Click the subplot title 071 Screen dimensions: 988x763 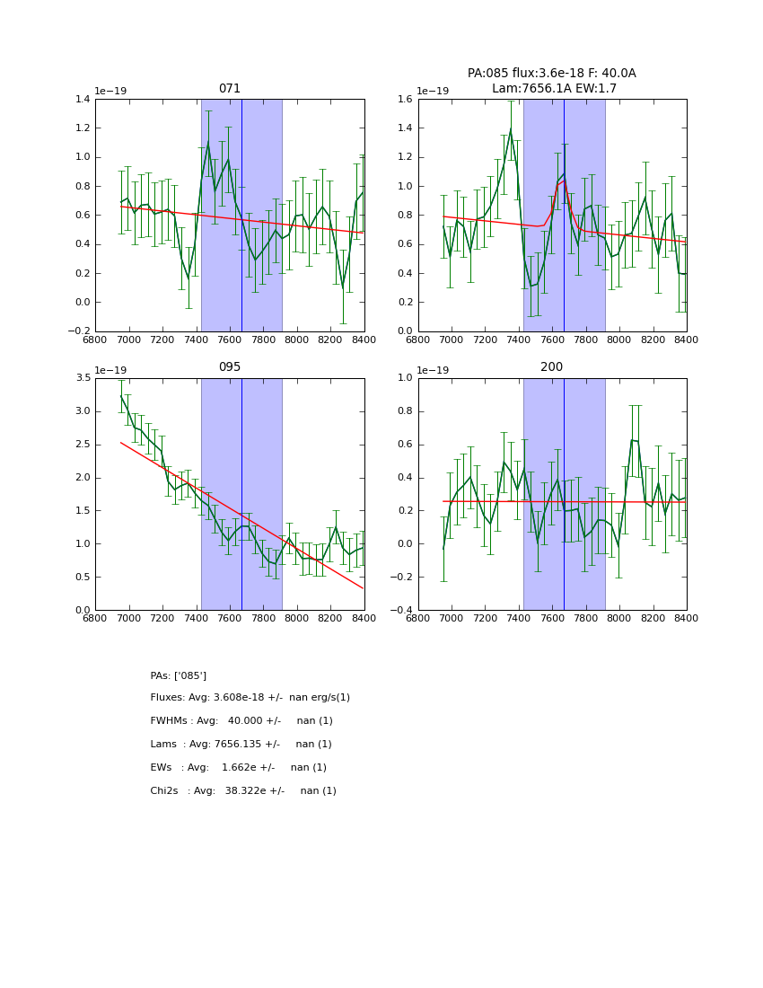click(x=230, y=89)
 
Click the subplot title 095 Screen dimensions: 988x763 click(x=230, y=367)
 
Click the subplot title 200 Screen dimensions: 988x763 click(x=552, y=367)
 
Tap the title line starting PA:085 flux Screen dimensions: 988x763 click(x=551, y=74)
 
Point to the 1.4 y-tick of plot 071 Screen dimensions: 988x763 click(x=83, y=100)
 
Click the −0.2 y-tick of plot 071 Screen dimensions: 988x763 click(x=79, y=331)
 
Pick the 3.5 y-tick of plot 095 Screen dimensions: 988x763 click(x=83, y=378)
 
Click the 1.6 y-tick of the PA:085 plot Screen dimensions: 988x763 click(x=405, y=100)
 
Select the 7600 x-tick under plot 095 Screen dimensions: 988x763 click(x=230, y=619)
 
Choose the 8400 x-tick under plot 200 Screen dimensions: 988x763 click(x=687, y=619)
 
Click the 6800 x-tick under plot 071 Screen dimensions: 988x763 click(x=96, y=340)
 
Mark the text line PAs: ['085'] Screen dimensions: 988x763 click(x=179, y=675)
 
